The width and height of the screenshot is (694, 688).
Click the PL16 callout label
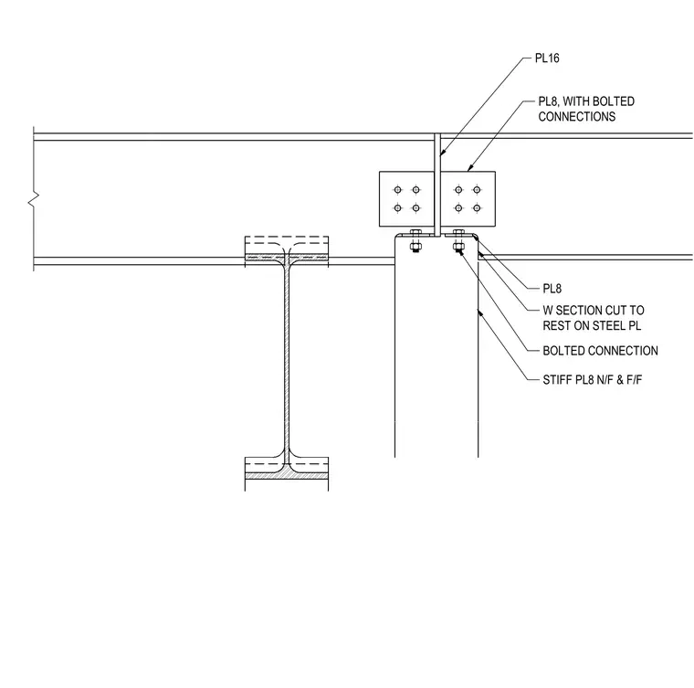click(547, 58)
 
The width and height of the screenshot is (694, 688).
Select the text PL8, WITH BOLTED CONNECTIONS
click(586, 109)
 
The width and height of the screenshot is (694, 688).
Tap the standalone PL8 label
click(552, 289)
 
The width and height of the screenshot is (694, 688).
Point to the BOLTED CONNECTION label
click(600, 351)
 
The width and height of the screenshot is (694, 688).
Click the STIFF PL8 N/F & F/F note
click(593, 379)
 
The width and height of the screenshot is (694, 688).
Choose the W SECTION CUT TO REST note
click(594, 318)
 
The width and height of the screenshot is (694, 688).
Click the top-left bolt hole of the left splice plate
click(397, 190)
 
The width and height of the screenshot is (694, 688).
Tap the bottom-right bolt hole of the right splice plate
click(477, 207)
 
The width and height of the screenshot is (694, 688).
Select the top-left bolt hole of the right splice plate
click(458, 190)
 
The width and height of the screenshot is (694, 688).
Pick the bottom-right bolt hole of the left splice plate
click(415, 207)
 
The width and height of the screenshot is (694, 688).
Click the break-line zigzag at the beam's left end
click(34, 198)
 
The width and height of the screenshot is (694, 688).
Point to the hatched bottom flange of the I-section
click(287, 475)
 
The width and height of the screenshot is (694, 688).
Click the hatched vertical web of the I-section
click(287, 363)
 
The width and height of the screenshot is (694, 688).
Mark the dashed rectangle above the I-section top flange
click(287, 246)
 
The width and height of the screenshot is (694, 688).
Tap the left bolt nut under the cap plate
click(415, 247)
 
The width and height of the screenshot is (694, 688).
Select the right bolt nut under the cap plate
click(458, 247)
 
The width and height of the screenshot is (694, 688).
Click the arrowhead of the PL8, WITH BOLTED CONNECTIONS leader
click(469, 168)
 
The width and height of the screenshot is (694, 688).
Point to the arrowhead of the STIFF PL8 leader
click(479, 312)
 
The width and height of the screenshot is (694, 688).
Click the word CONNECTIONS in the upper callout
click(577, 116)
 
